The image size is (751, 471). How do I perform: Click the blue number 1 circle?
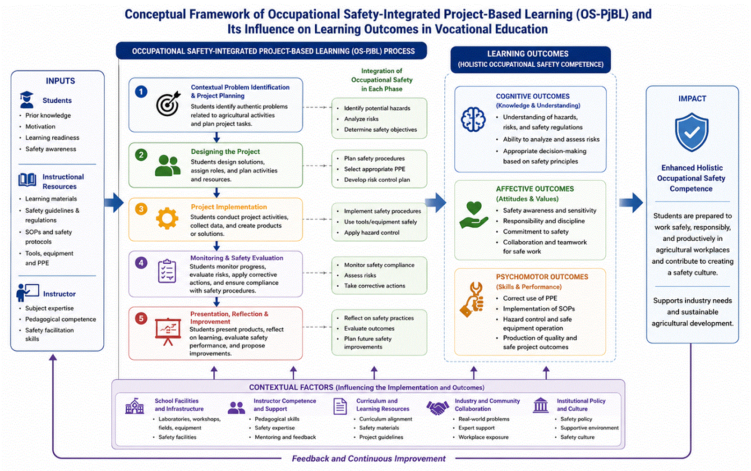point(141,92)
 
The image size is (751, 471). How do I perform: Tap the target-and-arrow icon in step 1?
point(168,104)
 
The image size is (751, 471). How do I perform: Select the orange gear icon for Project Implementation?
point(167,219)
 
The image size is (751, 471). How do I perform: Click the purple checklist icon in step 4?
point(167,271)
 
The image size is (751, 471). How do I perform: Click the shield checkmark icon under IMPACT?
point(691,132)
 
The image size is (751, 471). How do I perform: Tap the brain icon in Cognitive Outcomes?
point(473,119)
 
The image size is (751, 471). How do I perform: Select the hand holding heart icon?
point(474,215)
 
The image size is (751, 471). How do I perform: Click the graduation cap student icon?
point(27,100)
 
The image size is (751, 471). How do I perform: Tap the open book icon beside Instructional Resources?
point(28,180)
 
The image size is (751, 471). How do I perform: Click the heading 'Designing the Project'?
point(226,151)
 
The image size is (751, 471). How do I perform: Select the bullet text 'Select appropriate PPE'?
point(374,169)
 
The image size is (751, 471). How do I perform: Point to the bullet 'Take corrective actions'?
point(374,286)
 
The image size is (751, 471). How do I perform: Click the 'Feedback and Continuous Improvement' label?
point(369,459)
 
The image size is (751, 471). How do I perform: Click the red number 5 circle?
point(141,319)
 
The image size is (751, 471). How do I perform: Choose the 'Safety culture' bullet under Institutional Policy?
point(577,437)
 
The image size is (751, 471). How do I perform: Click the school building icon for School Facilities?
point(134,407)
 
